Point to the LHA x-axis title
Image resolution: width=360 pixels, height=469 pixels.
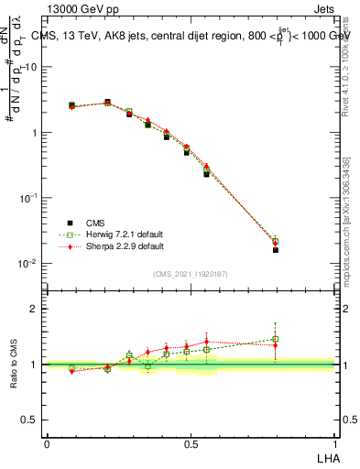point(327,458)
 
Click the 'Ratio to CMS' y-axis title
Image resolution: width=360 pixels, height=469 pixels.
point(16,365)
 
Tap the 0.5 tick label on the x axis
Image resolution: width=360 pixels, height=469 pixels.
point(191,443)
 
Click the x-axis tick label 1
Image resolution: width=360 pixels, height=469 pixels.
point(336,443)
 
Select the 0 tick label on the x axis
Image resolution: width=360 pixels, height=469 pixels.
point(47,443)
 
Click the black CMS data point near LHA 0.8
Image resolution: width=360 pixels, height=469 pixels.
point(276,249)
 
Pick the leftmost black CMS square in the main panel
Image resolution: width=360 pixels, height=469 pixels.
point(71,105)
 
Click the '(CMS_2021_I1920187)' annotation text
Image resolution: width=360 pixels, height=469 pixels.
point(191,275)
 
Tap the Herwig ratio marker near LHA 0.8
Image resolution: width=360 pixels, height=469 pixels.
point(276,339)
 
